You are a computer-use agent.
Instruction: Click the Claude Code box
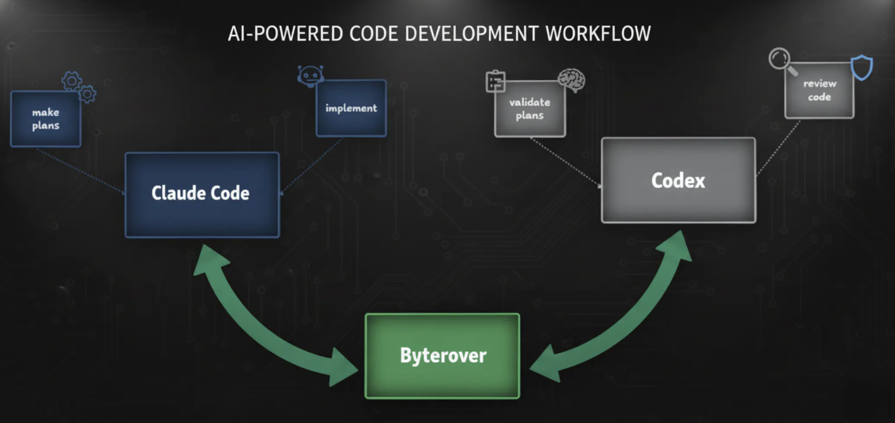click(x=202, y=194)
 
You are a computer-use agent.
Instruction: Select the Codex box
click(x=678, y=180)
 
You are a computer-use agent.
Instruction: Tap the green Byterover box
click(x=443, y=356)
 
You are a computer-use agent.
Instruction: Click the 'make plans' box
click(x=46, y=119)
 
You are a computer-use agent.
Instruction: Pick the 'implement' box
click(x=351, y=108)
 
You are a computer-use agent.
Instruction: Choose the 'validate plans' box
click(x=530, y=109)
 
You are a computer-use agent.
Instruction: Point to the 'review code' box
click(x=819, y=91)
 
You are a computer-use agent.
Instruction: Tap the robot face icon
click(x=310, y=76)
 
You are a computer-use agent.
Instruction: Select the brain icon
click(x=572, y=80)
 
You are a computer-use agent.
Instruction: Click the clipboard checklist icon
click(x=495, y=81)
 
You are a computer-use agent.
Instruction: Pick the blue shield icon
click(x=862, y=67)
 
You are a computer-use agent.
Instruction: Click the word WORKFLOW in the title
click(x=598, y=34)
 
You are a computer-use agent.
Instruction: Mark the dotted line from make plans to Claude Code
click(x=80, y=170)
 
